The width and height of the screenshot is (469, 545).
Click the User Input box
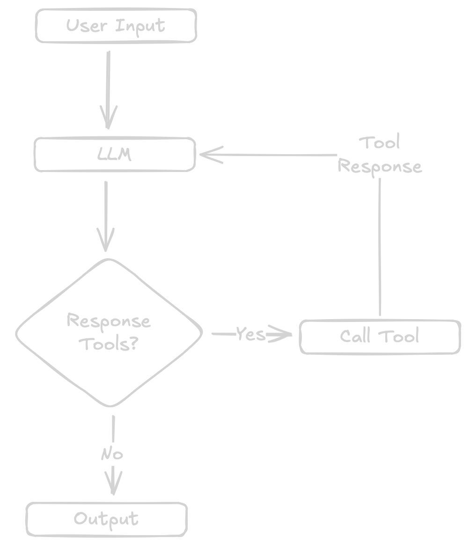coord(116,26)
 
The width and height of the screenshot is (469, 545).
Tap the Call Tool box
coord(380,336)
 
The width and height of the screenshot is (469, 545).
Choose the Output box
coord(107,519)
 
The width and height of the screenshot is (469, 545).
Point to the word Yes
coord(250,334)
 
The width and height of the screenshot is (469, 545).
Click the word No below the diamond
coord(112,454)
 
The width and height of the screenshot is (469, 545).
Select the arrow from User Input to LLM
coord(108,89)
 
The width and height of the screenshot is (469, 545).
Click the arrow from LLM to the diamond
coord(106,216)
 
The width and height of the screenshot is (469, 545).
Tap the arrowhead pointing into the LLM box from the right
coord(209,155)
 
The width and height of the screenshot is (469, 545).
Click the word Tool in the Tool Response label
coord(380,143)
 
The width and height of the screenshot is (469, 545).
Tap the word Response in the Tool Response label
coord(380,166)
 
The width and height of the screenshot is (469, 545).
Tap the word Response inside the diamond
coord(109,321)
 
